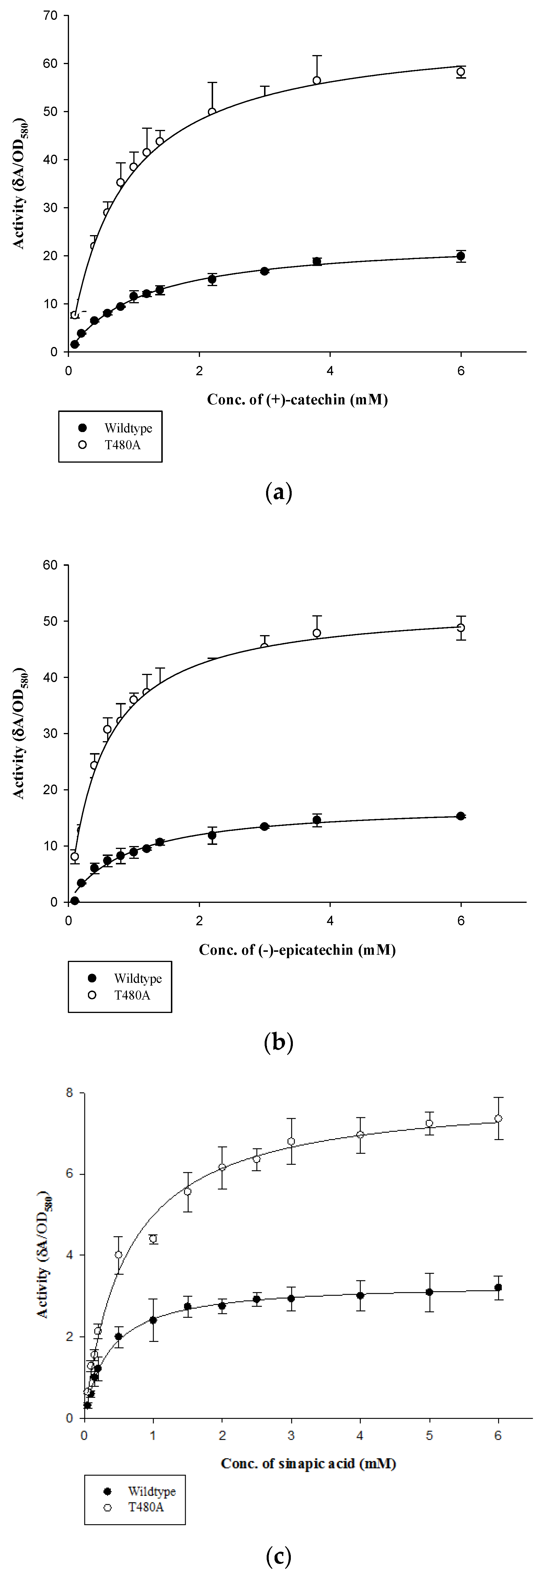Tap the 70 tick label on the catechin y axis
click(52, 16)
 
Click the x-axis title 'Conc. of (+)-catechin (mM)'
click(298, 400)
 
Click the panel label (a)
click(279, 491)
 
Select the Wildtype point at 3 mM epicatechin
click(264, 827)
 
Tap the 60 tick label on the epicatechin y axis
click(52, 565)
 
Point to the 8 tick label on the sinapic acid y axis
click(69, 1093)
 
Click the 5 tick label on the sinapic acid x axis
click(430, 1436)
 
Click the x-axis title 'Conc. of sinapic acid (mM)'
click(309, 1464)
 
